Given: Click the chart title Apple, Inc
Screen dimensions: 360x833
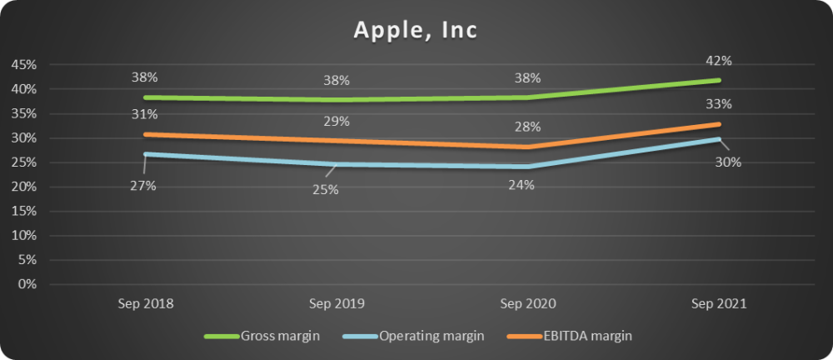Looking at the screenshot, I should (416, 30).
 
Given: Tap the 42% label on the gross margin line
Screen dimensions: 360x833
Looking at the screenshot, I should (719, 60).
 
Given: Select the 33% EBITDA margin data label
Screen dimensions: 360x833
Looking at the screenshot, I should (719, 104).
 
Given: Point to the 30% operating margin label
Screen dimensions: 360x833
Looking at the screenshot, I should (729, 162).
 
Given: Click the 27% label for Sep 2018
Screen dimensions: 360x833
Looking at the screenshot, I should (144, 186).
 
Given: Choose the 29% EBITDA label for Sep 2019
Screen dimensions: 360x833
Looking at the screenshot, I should (337, 122).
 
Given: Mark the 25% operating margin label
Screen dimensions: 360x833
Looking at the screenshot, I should (325, 190).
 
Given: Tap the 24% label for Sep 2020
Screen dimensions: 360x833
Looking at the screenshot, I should (521, 185).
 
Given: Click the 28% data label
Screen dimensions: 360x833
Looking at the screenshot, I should (527, 127).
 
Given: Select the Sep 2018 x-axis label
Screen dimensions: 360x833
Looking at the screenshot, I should (145, 304).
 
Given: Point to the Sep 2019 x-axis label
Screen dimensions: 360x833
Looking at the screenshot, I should (337, 304).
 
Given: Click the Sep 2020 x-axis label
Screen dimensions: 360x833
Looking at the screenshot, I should (528, 304).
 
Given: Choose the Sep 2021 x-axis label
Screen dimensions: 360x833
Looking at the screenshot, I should (720, 304).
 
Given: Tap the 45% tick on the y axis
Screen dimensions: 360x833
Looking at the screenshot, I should (23, 65).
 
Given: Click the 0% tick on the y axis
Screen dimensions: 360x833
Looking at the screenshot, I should (27, 284).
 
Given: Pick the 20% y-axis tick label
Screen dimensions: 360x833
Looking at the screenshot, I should (23, 187).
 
